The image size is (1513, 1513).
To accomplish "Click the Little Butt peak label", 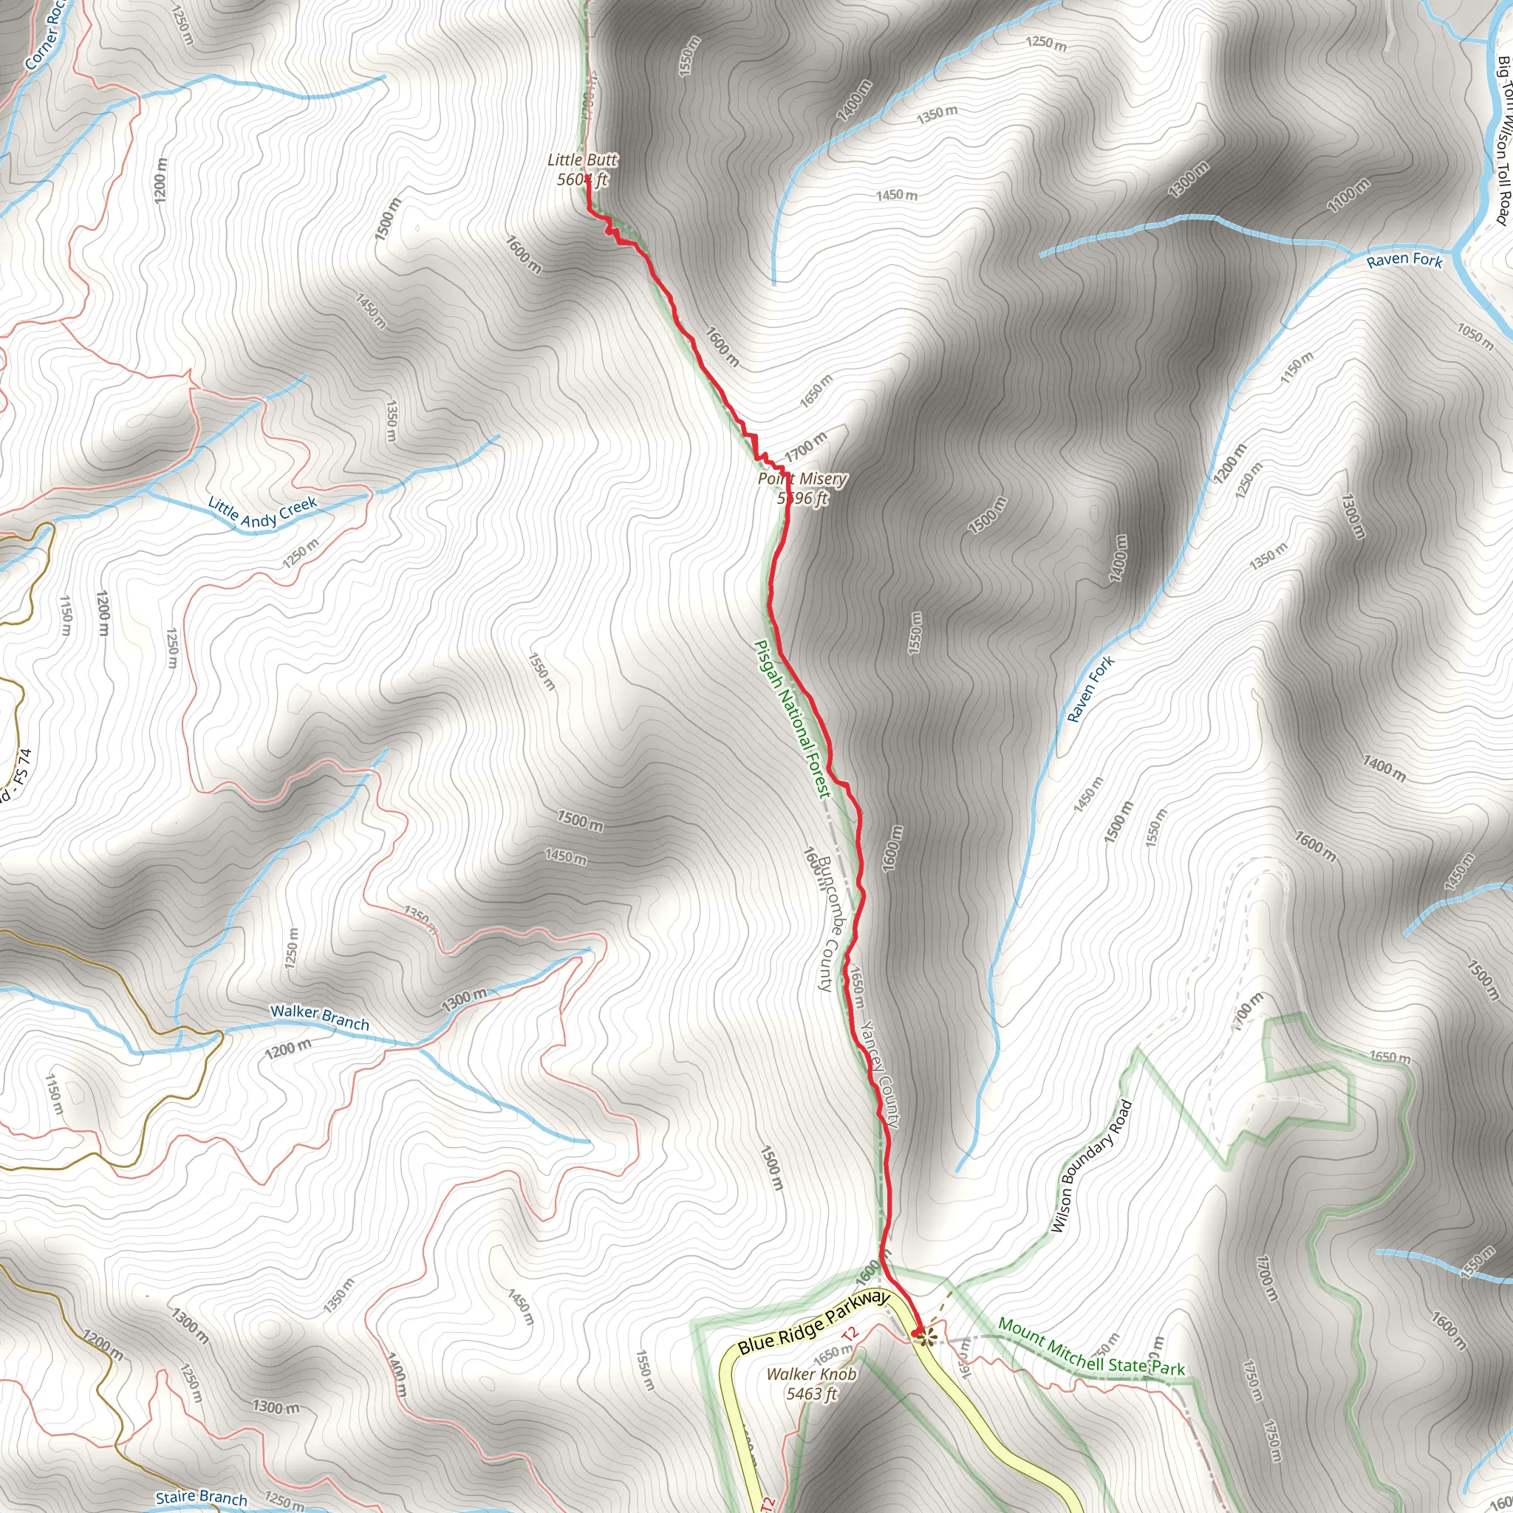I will [582, 160].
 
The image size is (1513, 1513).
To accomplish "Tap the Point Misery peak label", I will [802, 479].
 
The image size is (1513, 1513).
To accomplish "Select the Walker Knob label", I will [811, 1373].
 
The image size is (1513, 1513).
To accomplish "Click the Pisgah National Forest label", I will [791, 719].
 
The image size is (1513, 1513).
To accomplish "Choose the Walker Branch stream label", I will [319, 1017].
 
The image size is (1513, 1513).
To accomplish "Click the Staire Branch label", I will [201, 1497].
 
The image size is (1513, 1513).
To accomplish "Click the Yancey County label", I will [879, 1073].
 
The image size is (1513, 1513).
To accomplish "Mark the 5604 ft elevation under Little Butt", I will [582, 180].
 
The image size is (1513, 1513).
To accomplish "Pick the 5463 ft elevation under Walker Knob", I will [811, 1393].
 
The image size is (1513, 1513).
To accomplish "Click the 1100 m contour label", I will [1348, 195].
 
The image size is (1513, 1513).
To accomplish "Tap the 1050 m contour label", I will [1475, 336].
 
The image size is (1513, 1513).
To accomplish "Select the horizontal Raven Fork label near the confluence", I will [1404, 259].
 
